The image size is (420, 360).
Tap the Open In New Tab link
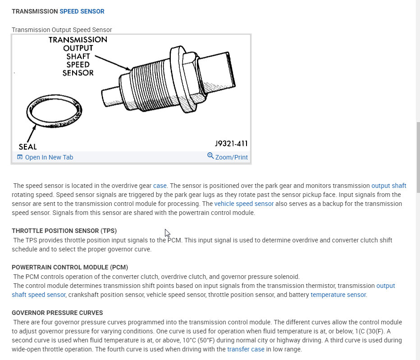[49, 157]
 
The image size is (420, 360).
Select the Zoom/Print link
[232, 157]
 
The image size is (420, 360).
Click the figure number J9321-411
[231, 144]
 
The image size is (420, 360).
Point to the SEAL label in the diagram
[28, 146]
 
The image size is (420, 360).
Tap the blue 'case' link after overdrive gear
[160, 186]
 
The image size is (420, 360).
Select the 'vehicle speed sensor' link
[244, 204]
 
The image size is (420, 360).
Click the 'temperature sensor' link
[338, 295]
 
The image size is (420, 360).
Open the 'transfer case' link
[246, 349]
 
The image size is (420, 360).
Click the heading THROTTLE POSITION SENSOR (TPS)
[64, 231]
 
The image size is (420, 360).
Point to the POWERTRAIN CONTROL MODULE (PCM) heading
[73, 268]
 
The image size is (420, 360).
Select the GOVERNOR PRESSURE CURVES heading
[57, 313]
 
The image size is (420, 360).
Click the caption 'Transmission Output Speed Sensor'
[62, 30]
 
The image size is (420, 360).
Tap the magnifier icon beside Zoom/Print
[210, 156]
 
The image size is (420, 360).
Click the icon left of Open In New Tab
[19, 157]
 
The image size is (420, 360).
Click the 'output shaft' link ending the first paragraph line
[388, 186]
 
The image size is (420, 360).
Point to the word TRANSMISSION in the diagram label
[78, 40]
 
